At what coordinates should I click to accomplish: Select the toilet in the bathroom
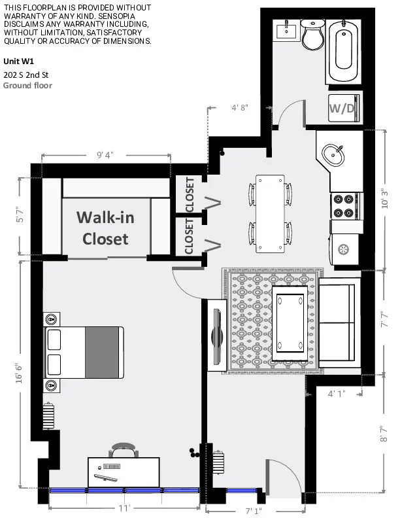313,35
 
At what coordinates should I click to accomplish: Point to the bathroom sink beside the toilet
286,30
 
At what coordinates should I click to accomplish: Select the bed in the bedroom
84,352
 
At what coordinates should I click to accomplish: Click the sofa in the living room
337,322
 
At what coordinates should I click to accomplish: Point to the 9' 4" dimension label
105,155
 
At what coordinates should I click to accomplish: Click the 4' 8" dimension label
240,108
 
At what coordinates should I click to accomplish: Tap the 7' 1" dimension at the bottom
254,509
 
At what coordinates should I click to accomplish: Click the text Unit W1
18,61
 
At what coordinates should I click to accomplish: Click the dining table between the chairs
270,213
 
